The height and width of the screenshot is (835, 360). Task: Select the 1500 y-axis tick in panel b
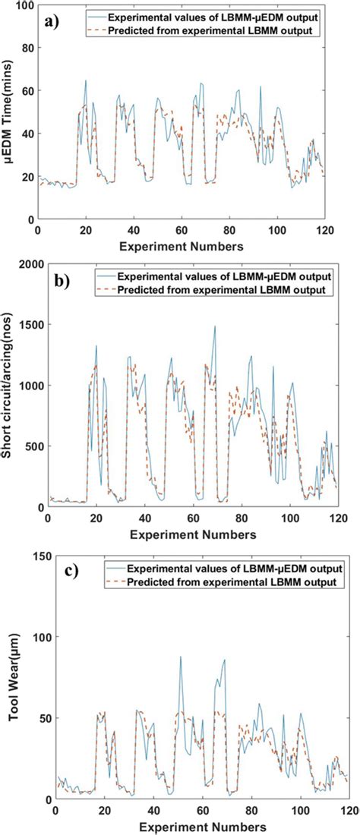27,325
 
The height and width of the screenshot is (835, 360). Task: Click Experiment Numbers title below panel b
193,535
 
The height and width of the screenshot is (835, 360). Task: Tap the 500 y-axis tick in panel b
30,446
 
